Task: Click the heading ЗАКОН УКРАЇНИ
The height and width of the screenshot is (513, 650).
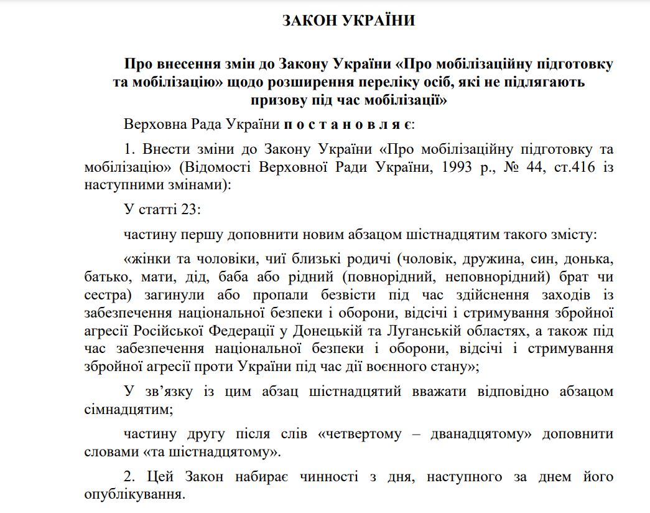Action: tap(348, 21)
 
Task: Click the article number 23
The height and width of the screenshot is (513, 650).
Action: tap(190, 210)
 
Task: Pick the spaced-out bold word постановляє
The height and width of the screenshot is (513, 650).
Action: tap(345, 124)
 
